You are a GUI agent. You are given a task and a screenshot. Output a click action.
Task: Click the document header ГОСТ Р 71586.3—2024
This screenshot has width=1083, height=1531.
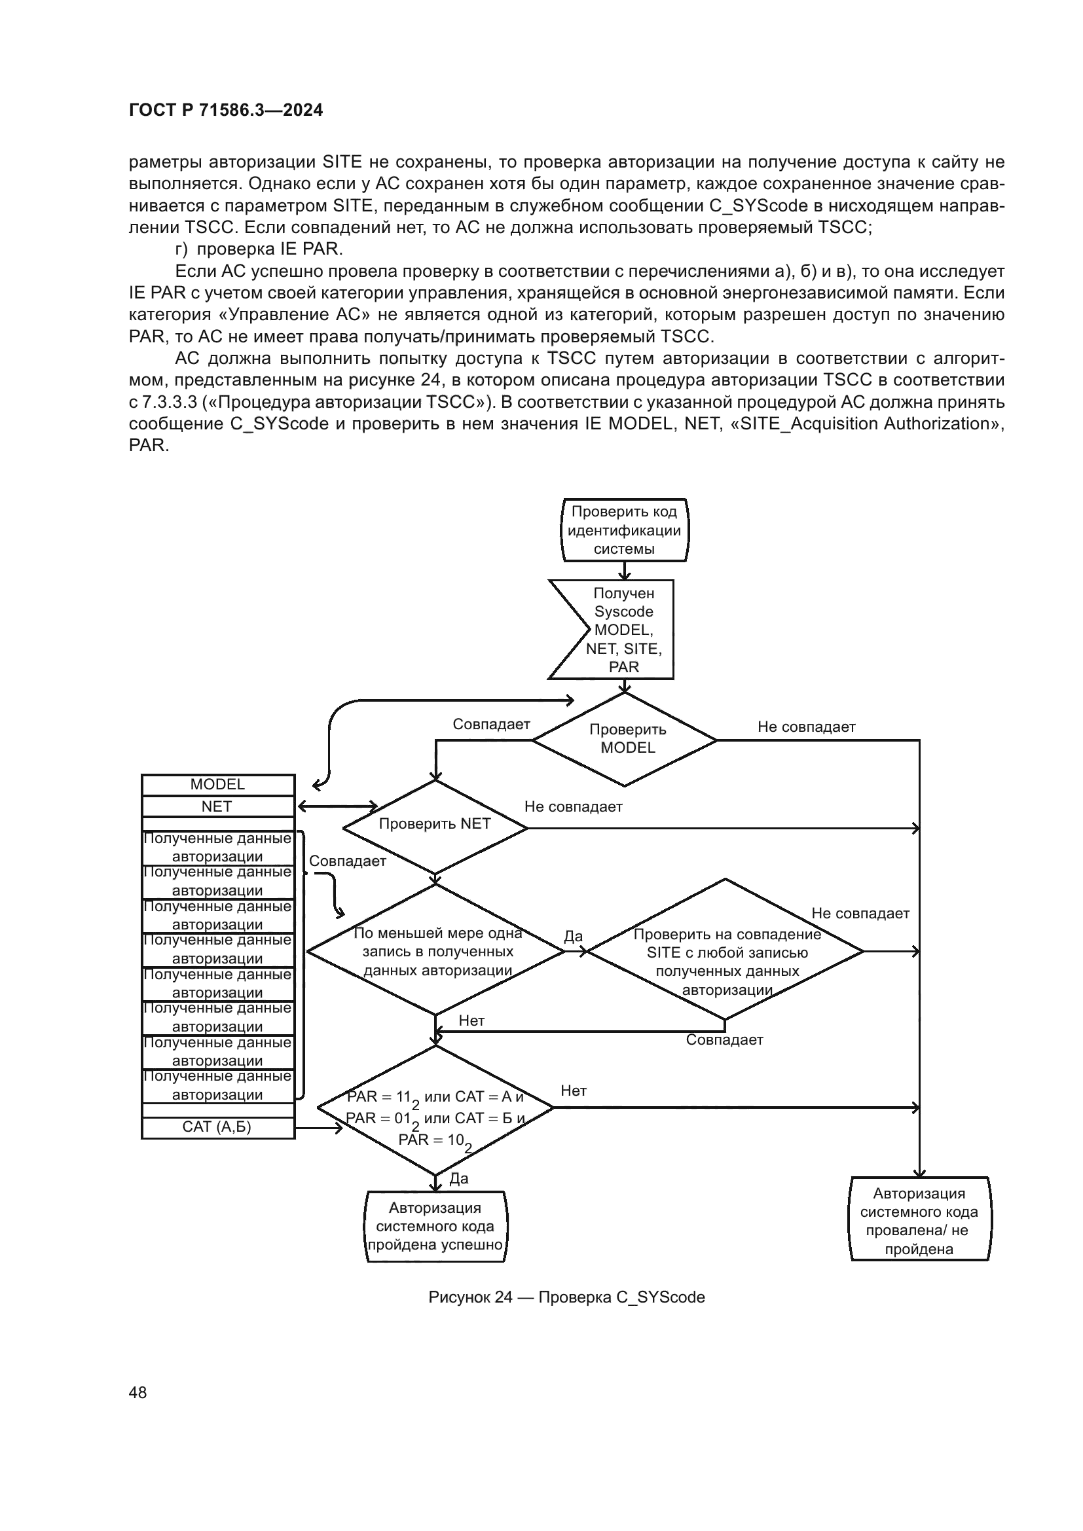225,111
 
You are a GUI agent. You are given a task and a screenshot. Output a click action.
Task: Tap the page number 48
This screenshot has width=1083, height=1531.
138,1392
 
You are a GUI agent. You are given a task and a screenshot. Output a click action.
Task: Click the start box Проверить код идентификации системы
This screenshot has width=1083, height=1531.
624,530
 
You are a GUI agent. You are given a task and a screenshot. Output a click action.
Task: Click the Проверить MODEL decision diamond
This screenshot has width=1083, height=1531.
625,739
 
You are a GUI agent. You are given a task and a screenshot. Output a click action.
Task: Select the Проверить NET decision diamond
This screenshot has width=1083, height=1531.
435,825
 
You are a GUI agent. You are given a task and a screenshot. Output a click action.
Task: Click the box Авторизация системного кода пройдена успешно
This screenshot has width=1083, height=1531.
435,1226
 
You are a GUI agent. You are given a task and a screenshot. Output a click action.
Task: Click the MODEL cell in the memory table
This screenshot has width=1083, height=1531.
217,784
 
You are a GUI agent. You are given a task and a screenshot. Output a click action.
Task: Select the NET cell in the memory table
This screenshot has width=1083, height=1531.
217,806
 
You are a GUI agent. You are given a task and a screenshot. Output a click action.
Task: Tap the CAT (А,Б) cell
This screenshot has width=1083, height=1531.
217,1126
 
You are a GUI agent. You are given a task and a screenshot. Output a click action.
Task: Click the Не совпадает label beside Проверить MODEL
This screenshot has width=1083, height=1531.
806,727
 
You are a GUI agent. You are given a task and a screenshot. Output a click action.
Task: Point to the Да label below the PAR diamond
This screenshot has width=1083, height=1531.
459,1178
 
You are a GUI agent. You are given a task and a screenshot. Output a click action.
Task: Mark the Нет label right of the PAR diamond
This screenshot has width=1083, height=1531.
574,1090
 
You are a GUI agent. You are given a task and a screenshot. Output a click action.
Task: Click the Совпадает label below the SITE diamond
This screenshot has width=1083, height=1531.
724,1039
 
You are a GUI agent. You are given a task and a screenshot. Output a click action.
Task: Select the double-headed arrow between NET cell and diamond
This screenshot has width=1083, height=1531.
337,806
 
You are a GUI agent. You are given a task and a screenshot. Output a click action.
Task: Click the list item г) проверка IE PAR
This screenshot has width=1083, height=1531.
259,249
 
